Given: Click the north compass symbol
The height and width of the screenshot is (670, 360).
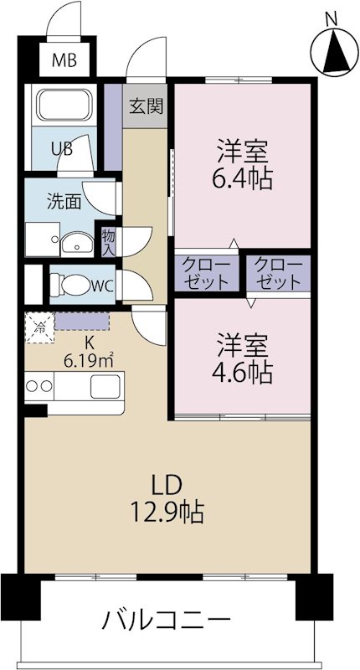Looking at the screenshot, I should tap(332, 52).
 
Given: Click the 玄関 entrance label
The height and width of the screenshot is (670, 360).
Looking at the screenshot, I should tap(146, 106).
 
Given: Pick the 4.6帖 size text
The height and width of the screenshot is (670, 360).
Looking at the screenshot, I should tap(244, 371).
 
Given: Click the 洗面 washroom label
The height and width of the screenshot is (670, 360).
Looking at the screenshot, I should tap(64, 201).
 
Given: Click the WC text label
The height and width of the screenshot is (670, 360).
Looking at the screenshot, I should tap(102, 286).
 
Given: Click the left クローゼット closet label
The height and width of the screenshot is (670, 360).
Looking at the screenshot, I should tap(206, 273).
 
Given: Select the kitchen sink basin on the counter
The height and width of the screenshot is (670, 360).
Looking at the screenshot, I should tap(106, 387).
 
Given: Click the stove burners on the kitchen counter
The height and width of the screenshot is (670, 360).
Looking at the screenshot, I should tap(39, 387).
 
